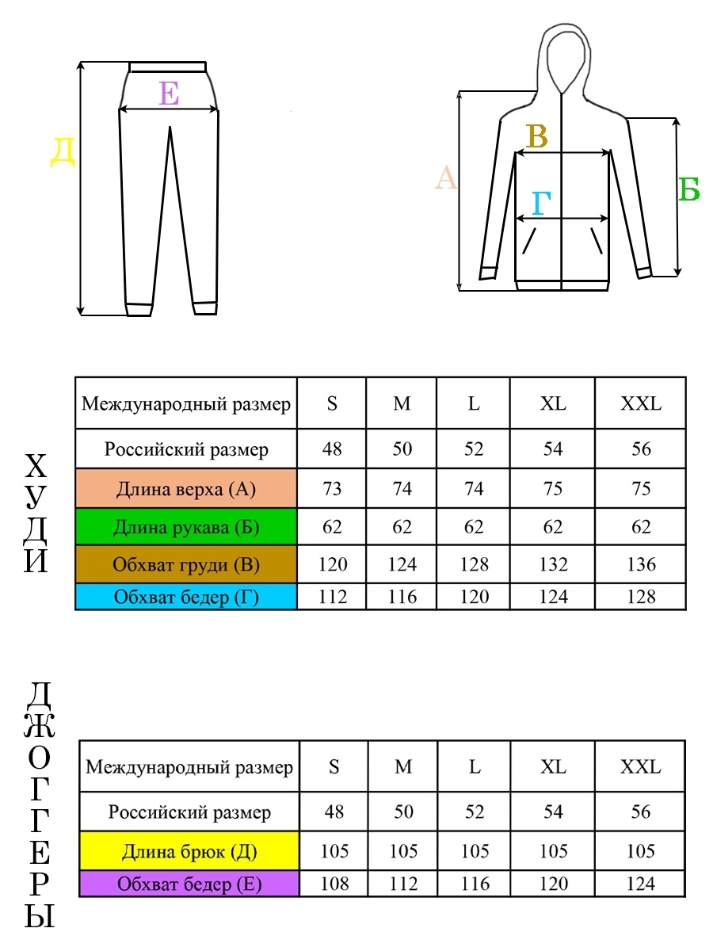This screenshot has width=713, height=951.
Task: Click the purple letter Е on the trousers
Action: click(x=169, y=94)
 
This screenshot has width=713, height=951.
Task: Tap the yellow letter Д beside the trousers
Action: click(x=63, y=152)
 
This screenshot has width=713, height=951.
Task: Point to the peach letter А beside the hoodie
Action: click(x=446, y=178)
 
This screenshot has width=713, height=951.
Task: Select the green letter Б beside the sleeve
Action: click(x=688, y=189)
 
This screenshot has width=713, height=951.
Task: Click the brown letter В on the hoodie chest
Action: click(x=537, y=136)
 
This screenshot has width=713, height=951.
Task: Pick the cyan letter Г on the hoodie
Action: click(x=541, y=203)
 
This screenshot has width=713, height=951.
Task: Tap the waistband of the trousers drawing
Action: click(x=168, y=67)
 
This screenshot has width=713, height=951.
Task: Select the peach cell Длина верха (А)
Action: click(x=186, y=488)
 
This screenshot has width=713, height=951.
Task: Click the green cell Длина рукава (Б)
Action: click(x=186, y=526)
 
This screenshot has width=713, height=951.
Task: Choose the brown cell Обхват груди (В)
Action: click(x=186, y=564)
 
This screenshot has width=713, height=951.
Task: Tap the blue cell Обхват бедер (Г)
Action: click(x=186, y=597)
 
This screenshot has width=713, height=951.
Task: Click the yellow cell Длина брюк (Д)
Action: click(x=189, y=851)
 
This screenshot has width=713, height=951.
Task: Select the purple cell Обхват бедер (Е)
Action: click(x=189, y=884)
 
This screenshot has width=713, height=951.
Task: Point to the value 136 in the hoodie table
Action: click(x=641, y=564)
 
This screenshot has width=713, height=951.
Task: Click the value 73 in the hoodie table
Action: click(x=332, y=489)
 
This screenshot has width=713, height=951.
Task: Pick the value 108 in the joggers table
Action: click(x=334, y=884)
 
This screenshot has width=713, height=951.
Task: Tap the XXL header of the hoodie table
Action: click(x=641, y=403)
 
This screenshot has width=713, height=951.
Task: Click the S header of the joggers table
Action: click(x=334, y=766)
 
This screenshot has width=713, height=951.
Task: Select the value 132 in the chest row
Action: click(x=553, y=564)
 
